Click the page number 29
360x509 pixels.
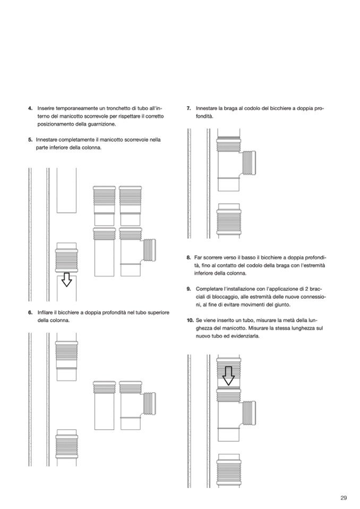coord(344,498)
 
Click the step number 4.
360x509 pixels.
coord(30,108)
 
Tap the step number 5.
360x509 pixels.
coord(30,140)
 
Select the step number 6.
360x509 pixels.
coord(30,313)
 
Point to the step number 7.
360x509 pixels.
coord(188,108)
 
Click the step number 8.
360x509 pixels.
coord(188,257)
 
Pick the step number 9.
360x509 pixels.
coord(188,289)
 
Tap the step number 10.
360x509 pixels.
coord(190,321)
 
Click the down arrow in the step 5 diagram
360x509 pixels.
coord(66,280)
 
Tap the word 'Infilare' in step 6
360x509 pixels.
coord(45,313)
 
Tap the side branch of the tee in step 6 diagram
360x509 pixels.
coord(149,404)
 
